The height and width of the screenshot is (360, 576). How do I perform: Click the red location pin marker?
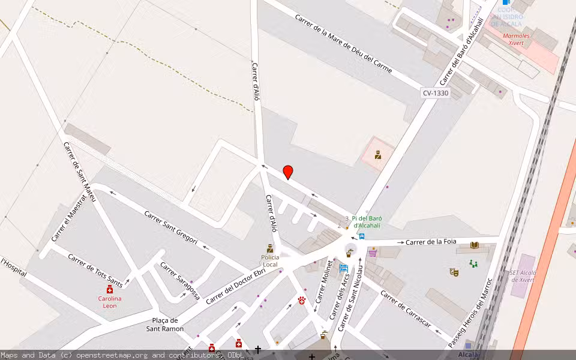tap(288, 172)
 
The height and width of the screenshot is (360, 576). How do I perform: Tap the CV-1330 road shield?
tap(435, 93)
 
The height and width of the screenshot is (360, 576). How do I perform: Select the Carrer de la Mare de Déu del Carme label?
tap(343, 44)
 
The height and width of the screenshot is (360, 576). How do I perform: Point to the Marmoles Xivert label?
tap(508, 39)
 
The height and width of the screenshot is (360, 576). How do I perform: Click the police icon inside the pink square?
tap(378, 155)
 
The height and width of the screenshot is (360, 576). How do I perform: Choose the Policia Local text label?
tap(270, 260)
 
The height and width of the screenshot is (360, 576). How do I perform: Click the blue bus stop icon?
tap(361, 236)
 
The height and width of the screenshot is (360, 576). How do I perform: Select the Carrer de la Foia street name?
tap(431, 242)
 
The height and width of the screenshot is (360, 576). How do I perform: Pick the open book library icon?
tap(474, 245)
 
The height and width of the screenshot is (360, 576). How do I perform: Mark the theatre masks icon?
tap(454, 272)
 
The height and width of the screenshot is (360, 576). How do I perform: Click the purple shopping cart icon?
tap(373, 253)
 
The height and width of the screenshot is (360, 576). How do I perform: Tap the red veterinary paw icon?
tap(301, 299)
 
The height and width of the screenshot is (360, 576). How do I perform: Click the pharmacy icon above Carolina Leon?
tap(110, 289)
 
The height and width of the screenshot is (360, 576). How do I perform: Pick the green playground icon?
tap(473, 263)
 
